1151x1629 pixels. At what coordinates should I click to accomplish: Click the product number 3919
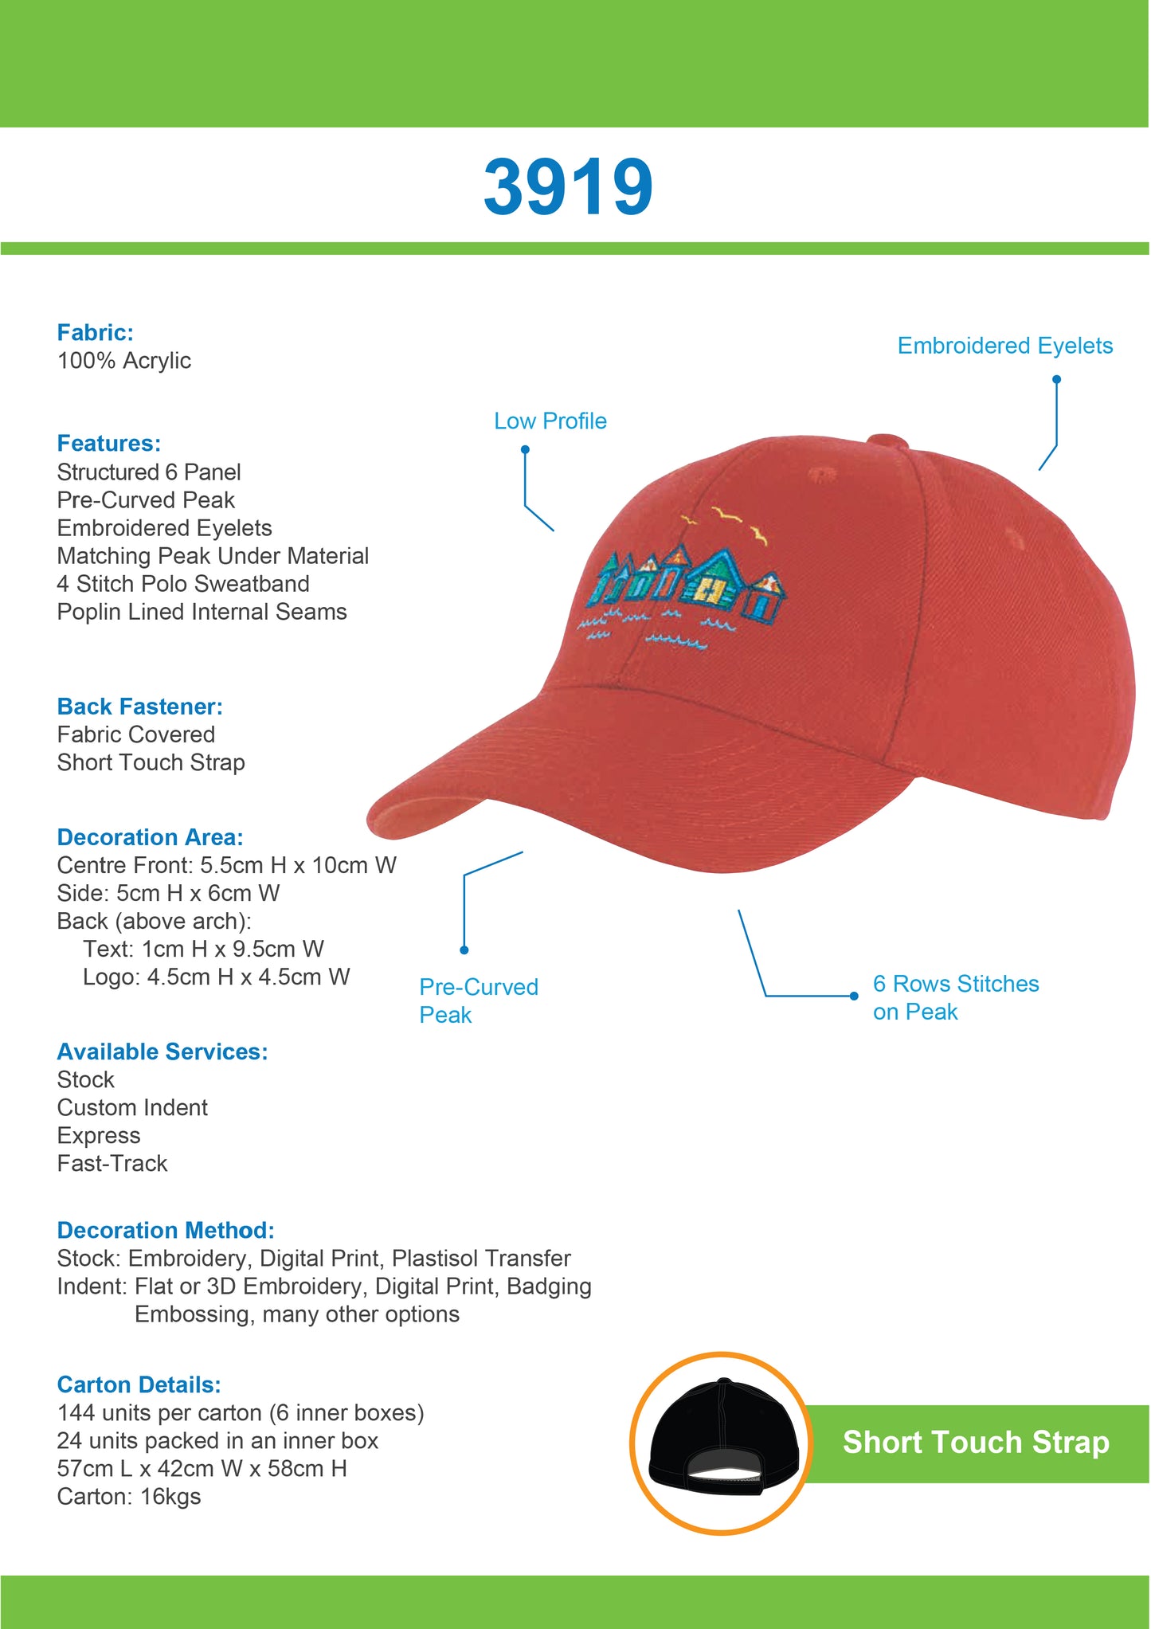568,188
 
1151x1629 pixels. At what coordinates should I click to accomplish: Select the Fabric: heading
95,332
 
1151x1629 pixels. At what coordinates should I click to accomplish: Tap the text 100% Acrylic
123,361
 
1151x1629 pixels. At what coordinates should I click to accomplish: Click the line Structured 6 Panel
149,472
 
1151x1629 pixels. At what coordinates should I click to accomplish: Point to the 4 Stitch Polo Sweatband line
183,584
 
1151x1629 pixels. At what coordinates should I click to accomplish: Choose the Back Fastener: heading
139,707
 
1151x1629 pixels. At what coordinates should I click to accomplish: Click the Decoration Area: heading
150,837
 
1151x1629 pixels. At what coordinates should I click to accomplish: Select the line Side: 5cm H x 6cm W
168,893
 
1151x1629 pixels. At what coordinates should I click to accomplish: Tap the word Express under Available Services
99,1135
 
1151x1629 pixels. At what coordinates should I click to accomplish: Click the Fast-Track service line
112,1163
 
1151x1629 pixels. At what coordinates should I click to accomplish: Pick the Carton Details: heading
139,1384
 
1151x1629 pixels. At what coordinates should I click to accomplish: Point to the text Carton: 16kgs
129,1496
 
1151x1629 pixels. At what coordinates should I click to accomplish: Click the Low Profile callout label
550,421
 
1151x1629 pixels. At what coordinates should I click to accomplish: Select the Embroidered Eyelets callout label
1004,346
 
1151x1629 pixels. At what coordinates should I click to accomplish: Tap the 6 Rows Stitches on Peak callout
955,997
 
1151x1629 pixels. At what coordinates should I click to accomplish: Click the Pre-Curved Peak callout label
478,1001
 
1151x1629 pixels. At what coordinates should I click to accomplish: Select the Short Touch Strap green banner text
976,1443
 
